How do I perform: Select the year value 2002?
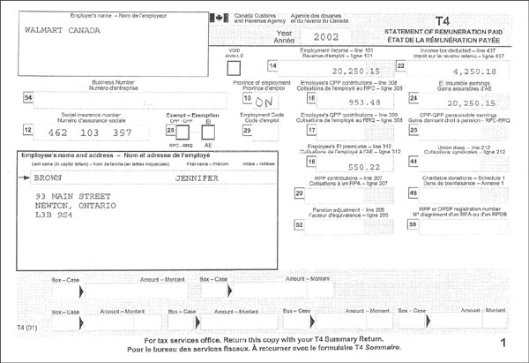tap(316, 36)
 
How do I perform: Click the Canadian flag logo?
tap(216, 18)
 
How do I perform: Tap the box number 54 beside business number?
tap(29, 97)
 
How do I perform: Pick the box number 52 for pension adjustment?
tap(300, 225)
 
